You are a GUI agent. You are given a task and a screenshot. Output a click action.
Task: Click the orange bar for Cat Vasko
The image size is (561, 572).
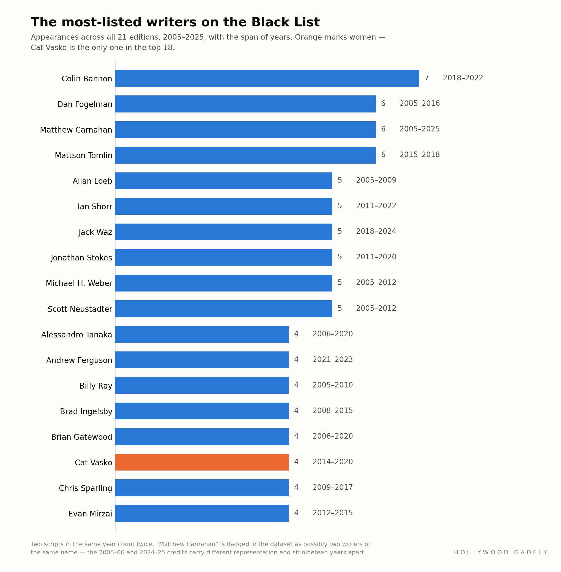pos(202,462)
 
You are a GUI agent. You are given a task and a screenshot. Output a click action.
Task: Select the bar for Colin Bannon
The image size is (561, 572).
pos(267,78)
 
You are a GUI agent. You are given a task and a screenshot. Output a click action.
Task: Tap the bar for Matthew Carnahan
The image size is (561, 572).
pos(245,130)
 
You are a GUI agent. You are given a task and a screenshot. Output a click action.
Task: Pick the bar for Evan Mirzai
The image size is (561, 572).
pos(202,513)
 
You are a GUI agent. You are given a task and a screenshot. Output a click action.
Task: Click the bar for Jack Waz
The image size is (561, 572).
pos(224,232)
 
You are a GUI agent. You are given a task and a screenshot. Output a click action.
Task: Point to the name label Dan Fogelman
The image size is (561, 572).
pos(85,104)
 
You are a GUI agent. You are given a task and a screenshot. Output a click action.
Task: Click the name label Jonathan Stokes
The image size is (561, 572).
pos(81,258)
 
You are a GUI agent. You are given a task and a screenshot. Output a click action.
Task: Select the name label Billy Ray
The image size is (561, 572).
pos(96,386)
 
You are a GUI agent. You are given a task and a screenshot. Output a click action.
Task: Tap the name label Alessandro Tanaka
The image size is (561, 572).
pos(76,335)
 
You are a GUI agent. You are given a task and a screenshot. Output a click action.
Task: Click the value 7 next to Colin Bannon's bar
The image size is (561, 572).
pos(427,78)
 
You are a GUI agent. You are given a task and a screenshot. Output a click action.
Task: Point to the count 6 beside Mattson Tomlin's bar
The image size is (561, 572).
pos(383,155)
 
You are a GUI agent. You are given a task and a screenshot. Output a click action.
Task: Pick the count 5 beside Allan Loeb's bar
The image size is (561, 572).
pos(340,180)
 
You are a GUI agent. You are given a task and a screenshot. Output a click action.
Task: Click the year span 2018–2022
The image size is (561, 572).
pos(463,78)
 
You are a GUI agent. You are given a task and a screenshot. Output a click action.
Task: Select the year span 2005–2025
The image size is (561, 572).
pos(420,129)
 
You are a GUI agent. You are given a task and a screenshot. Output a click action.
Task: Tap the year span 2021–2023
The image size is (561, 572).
pos(333,360)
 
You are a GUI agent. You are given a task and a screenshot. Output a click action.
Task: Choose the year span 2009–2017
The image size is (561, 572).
pos(333,488)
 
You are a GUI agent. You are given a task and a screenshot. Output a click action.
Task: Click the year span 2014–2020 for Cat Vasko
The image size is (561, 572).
pos(333,462)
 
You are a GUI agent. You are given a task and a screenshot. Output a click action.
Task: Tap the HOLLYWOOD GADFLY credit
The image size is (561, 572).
pos(500,552)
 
